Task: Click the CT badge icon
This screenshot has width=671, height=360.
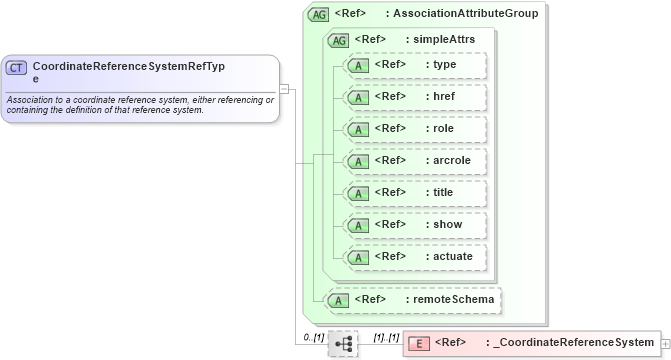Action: (x=17, y=68)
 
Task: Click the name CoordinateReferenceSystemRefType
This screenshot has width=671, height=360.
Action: (x=128, y=71)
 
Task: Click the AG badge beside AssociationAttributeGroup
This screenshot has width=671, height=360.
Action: (x=319, y=14)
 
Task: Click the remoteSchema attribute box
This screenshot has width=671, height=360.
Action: (x=413, y=299)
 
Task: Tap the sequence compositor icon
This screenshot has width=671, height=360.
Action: (x=343, y=344)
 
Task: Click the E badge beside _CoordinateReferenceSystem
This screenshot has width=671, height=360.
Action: (x=419, y=344)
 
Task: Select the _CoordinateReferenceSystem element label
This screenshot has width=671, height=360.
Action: (x=569, y=344)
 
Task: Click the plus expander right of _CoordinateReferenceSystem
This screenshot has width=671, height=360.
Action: (x=666, y=344)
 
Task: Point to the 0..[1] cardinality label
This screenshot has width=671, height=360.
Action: (x=314, y=337)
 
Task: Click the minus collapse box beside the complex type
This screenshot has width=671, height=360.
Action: (x=284, y=88)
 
